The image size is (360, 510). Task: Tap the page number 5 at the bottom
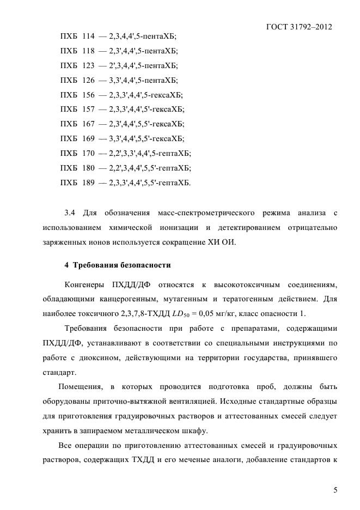point(335,490)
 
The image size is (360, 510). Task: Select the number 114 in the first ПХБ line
point(88,37)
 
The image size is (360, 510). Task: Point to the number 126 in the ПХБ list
point(88,80)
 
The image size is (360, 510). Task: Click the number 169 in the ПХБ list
point(88,138)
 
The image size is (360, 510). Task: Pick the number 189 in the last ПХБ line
point(88,183)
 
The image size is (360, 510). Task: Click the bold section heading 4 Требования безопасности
point(118,265)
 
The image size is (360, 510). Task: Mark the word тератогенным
point(252,299)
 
